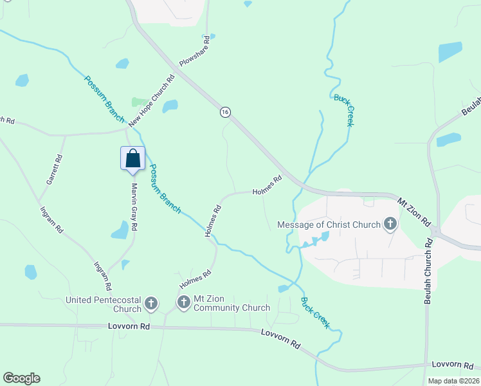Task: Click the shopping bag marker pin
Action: coord(132,158)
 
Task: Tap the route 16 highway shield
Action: coord(224,112)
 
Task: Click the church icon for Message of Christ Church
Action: coord(390,225)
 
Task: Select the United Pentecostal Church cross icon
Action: coord(151,302)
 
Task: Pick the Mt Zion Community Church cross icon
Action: coord(183,302)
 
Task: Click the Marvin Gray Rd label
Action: coord(135,207)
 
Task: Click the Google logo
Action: coord(21,378)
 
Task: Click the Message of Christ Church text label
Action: coord(328,225)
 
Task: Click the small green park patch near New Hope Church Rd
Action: coord(138,102)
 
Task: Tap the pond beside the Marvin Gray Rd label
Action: coord(120,230)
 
